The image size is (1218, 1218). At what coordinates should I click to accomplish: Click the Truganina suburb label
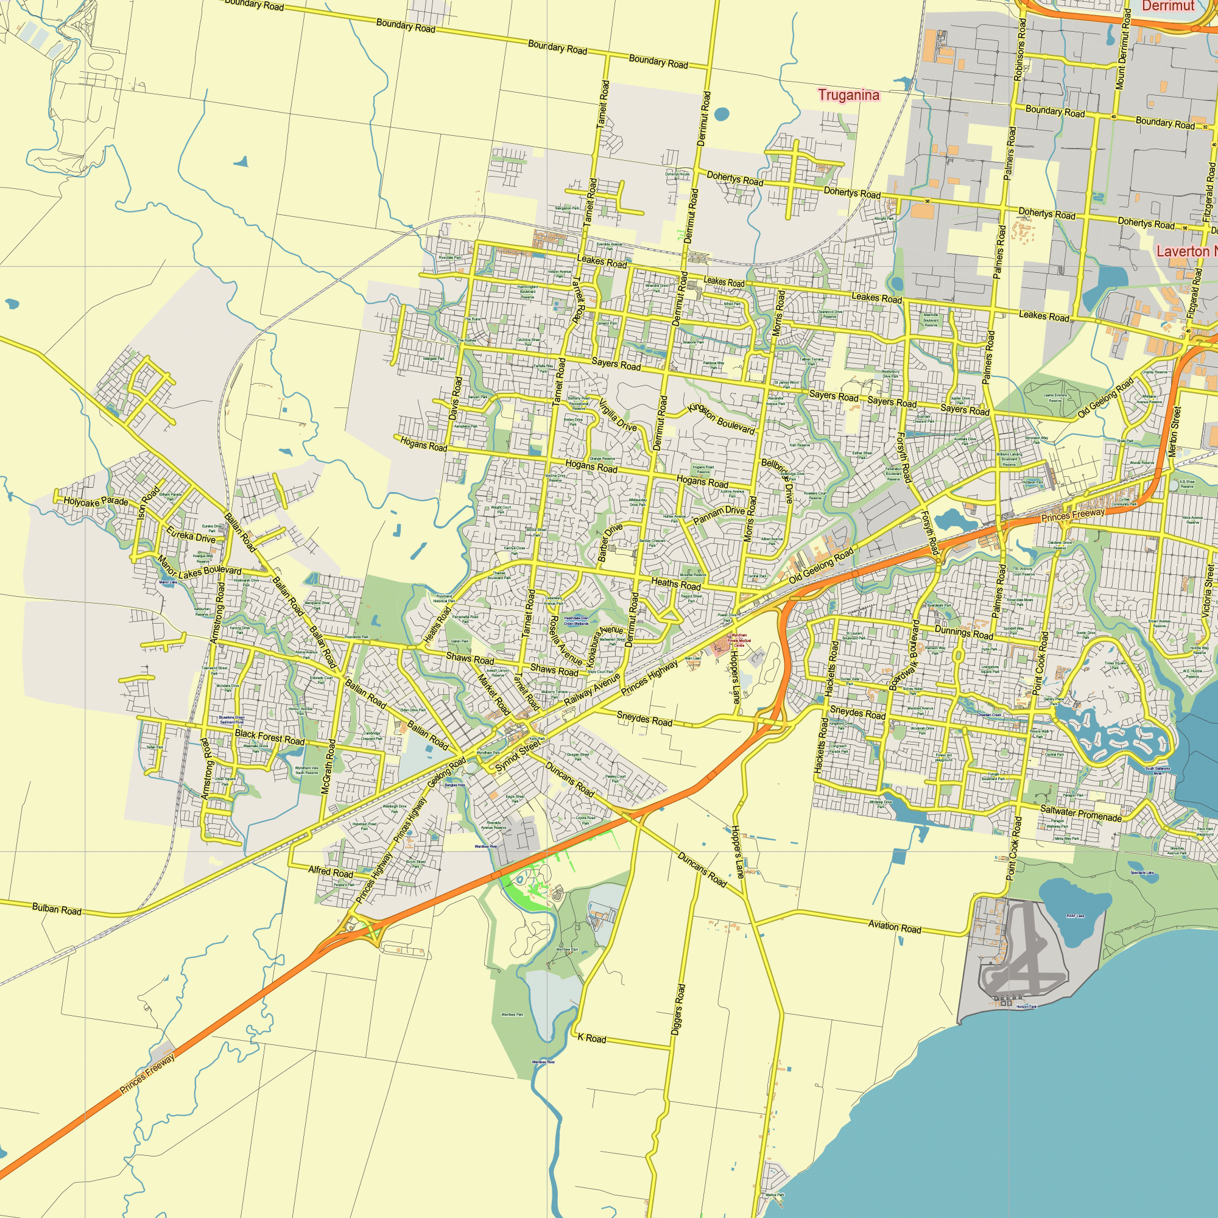click(x=848, y=95)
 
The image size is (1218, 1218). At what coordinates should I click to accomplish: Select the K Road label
click(x=591, y=1038)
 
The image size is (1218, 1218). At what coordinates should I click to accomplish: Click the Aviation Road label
click(x=894, y=927)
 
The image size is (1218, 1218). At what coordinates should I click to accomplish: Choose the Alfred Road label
click(x=330, y=872)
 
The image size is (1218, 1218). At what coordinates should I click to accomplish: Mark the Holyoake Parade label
click(x=95, y=502)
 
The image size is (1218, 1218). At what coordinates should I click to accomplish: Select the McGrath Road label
click(x=328, y=766)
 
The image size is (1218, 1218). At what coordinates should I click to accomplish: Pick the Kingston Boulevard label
click(x=721, y=418)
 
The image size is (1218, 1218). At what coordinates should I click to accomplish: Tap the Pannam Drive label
click(x=718, y=515)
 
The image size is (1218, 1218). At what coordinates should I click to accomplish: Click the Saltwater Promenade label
click(x=1080, y=813)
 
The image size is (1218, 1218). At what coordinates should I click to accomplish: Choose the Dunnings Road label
click(x=963, y=632)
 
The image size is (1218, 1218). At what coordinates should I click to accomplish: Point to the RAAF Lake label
click(x=1075, y=915)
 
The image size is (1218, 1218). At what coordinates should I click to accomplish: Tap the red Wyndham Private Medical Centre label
click(x=739, y=641)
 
